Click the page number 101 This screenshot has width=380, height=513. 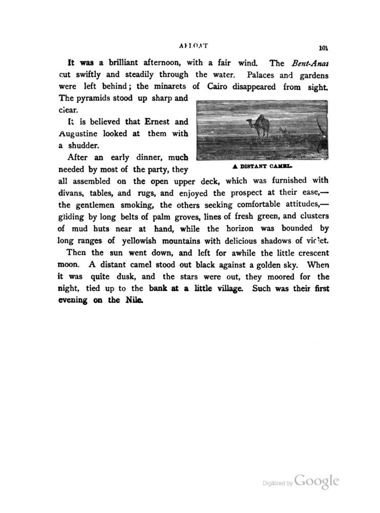tap(323, 49)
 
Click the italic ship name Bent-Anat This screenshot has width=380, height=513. tap(307, 64)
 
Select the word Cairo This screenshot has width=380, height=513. tap(220, 87)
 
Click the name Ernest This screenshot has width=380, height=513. tap(157, 122)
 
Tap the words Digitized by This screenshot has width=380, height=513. tap(277, 483)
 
